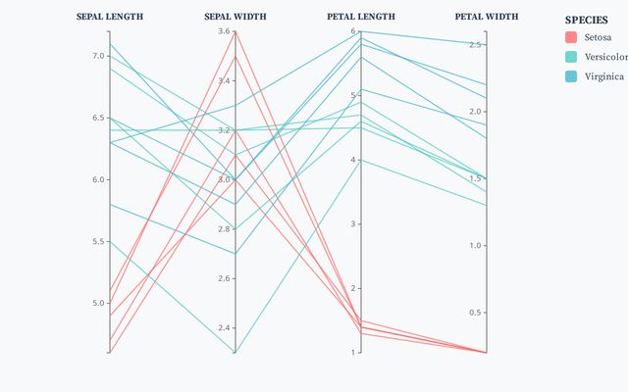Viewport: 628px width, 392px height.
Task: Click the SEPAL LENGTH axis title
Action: [110, 17]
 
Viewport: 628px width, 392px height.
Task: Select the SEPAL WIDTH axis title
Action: [235, 17]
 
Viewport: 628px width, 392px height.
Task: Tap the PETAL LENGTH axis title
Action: [361, 17]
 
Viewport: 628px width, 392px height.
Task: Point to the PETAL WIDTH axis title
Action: [487, 17]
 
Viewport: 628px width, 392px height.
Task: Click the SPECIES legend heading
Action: [586, 20]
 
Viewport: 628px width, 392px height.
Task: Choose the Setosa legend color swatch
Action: [571, 37]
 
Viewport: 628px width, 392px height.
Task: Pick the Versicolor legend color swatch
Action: [571, 57]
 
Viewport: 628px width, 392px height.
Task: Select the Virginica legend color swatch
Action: [571, 76]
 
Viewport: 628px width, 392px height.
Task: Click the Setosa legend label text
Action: [598, 37]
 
